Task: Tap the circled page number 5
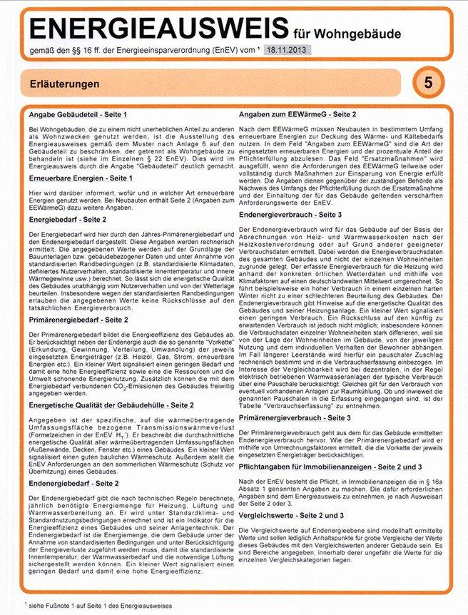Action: pyautogui.click(x=427, y=83)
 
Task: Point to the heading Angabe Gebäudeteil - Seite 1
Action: pyautogui.click(x=78, y=115)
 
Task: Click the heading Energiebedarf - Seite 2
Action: pyautogui.click(x=68, y=220)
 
